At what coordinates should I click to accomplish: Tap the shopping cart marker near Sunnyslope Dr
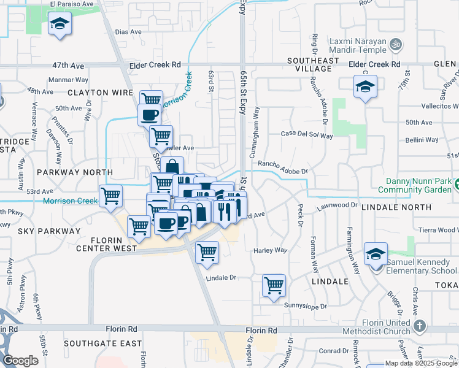point(274,285)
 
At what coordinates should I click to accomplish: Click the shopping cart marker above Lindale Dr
point(207,252)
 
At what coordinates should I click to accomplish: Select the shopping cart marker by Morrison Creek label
point(110,196)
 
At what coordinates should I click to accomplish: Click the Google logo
point(21,361)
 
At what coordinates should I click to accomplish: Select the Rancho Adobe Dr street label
point(282,163)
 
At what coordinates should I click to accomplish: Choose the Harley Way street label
point(271,250)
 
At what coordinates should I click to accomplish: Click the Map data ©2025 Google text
point(422,363)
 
